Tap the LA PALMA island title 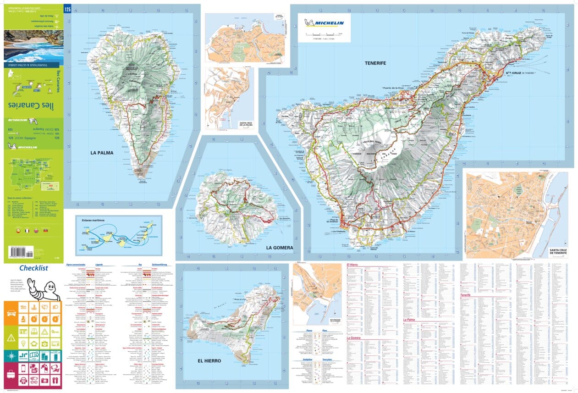(x=101, y=153)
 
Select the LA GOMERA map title (x=279, y=247)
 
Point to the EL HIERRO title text (x=209, y=361)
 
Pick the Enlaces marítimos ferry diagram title (x=94, y=221)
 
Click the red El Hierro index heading (x=355, y=266)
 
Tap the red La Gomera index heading (x=354, y=338)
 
